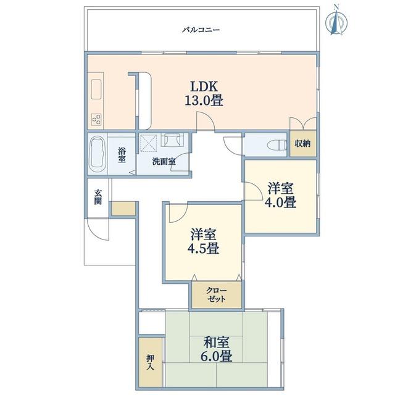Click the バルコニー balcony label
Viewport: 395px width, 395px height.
click(x=201, y=30)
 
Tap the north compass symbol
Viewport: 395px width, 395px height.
click(x=336, y=20)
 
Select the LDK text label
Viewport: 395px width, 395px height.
click(x=204, y=87)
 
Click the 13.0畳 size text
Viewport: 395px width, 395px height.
click(x=204, y=101)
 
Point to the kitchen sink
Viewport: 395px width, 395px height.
click(x=96, y=89)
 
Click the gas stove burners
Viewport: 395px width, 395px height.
click(x=96, y=119)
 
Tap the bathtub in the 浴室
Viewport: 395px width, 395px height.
click(x=98, y=154)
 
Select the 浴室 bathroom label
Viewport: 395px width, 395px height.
click(x=122, y=155)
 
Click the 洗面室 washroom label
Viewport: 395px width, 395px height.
click(x=164, y=162)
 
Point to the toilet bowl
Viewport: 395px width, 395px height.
click(x=276, y=146)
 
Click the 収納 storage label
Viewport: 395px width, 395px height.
click(x=302, y=144)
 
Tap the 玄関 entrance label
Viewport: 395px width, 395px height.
click(x=98, y=197)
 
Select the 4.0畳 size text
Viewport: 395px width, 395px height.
click(x=280, y=202)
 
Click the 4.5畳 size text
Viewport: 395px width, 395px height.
click(x=203, y=248)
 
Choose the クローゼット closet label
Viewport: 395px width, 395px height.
click(x=217, y=295)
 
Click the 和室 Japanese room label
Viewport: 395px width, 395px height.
click(x=216, y=343)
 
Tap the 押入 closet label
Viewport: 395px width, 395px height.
click(x=150, y=362)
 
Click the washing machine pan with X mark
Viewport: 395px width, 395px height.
click(x=148, y=143)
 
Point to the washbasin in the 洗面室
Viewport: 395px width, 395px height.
click(x=173, y=140)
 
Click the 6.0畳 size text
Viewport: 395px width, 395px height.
click(x=216, y=356)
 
